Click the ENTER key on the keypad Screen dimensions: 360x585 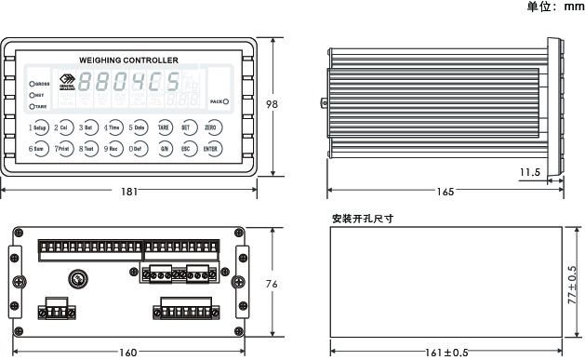pyautogui.click(x=211, y=148)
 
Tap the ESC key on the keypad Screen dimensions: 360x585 pyautogui.click(x=187, y=148)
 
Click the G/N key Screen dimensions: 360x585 pyautogui.click(x=164, y=148)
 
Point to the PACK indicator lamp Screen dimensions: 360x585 pyautogui.click(x=226, y=100)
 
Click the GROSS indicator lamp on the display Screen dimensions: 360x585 pyautogui.click(x=32, y=84)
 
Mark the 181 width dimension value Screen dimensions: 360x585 pyautogui.click(x=129, y=192)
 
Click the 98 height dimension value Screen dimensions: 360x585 pyautogui.click(x=272, y=105)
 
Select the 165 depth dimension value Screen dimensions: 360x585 pyautogui.click(x=445, y=192)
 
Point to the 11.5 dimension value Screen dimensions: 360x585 pyautogui.click(x=530, y=172)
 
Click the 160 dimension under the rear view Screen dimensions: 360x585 pyautogui.click(x=128, y=353)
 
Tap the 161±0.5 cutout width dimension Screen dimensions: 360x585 pyautogui.click(x=446, y=353)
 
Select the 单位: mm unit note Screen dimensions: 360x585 pyautogui.click(x=554, y=7)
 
